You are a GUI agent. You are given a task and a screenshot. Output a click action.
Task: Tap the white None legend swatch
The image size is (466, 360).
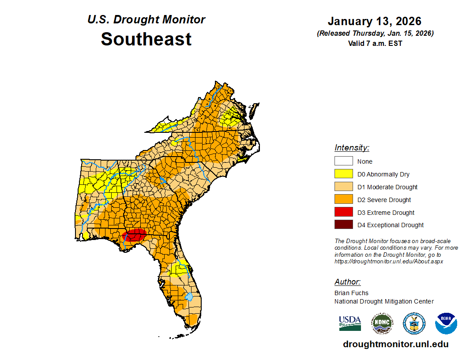pyautogui.click(x=343, y=161)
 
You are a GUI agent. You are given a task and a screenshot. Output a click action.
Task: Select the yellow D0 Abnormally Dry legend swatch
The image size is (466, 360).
pyautogui.click(x=343, y=174)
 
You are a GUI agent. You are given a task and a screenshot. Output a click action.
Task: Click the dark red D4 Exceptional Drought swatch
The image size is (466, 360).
pyautogui.click(x=343, y=225)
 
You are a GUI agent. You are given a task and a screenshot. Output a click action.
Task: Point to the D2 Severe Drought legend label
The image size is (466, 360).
pyautogui.click(x=384, y=200)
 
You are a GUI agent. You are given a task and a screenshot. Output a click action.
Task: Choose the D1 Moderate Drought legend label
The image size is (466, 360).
pyautogui.click(x=387, y=187)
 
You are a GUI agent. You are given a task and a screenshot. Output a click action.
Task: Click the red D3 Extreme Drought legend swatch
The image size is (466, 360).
pyautogui.click(x=343, y=212)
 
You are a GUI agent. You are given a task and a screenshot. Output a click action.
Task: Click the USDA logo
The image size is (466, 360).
pyautogui.click(x=350, y=323)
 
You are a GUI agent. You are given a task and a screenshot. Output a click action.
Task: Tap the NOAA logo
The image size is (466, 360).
pyautogui.click(x=446, y=323)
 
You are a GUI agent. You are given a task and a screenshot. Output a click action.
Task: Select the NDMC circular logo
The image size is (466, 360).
pyautogui.click(x=382, y=323)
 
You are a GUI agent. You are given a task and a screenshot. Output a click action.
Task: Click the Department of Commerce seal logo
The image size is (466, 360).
pyautogui.click(x=414, y=323)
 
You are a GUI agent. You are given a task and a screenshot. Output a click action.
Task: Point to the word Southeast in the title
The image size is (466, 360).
pyautogui.click(x=146, y=39)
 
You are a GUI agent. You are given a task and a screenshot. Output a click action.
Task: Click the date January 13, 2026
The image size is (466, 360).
pyautogui.click(x=375, y=21)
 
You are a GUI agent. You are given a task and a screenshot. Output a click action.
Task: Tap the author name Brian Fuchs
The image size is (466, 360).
pyautogui.click(x=351, y=293)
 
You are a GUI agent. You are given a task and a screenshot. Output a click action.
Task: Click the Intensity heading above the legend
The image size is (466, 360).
pyautogui.click(x=352, y=148)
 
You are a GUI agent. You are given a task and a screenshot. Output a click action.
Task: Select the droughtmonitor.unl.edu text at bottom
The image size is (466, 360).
pyautogui.click(x=395, y=345)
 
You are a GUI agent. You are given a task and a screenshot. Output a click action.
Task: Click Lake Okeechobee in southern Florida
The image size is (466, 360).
pyautogui.click(x=189, y=296)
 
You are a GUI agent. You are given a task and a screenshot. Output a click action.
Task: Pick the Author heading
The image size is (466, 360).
pyautogui.click(x=347, y=282)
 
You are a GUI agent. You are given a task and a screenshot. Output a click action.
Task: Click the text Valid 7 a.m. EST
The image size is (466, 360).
pyautogui.click(x=375, y=43)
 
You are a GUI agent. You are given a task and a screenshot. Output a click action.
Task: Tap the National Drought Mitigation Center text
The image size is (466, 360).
pyautogui.click(x=384, y=301)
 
